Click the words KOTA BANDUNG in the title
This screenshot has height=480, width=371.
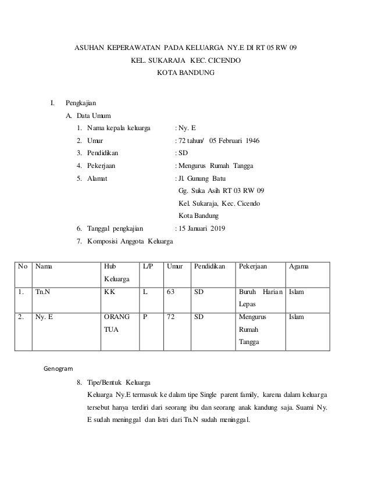coord(185,73)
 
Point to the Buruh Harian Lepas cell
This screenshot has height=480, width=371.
coord(259,298)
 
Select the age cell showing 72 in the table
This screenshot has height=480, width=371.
coord(171,317)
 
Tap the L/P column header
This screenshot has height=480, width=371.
coord(148,267)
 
